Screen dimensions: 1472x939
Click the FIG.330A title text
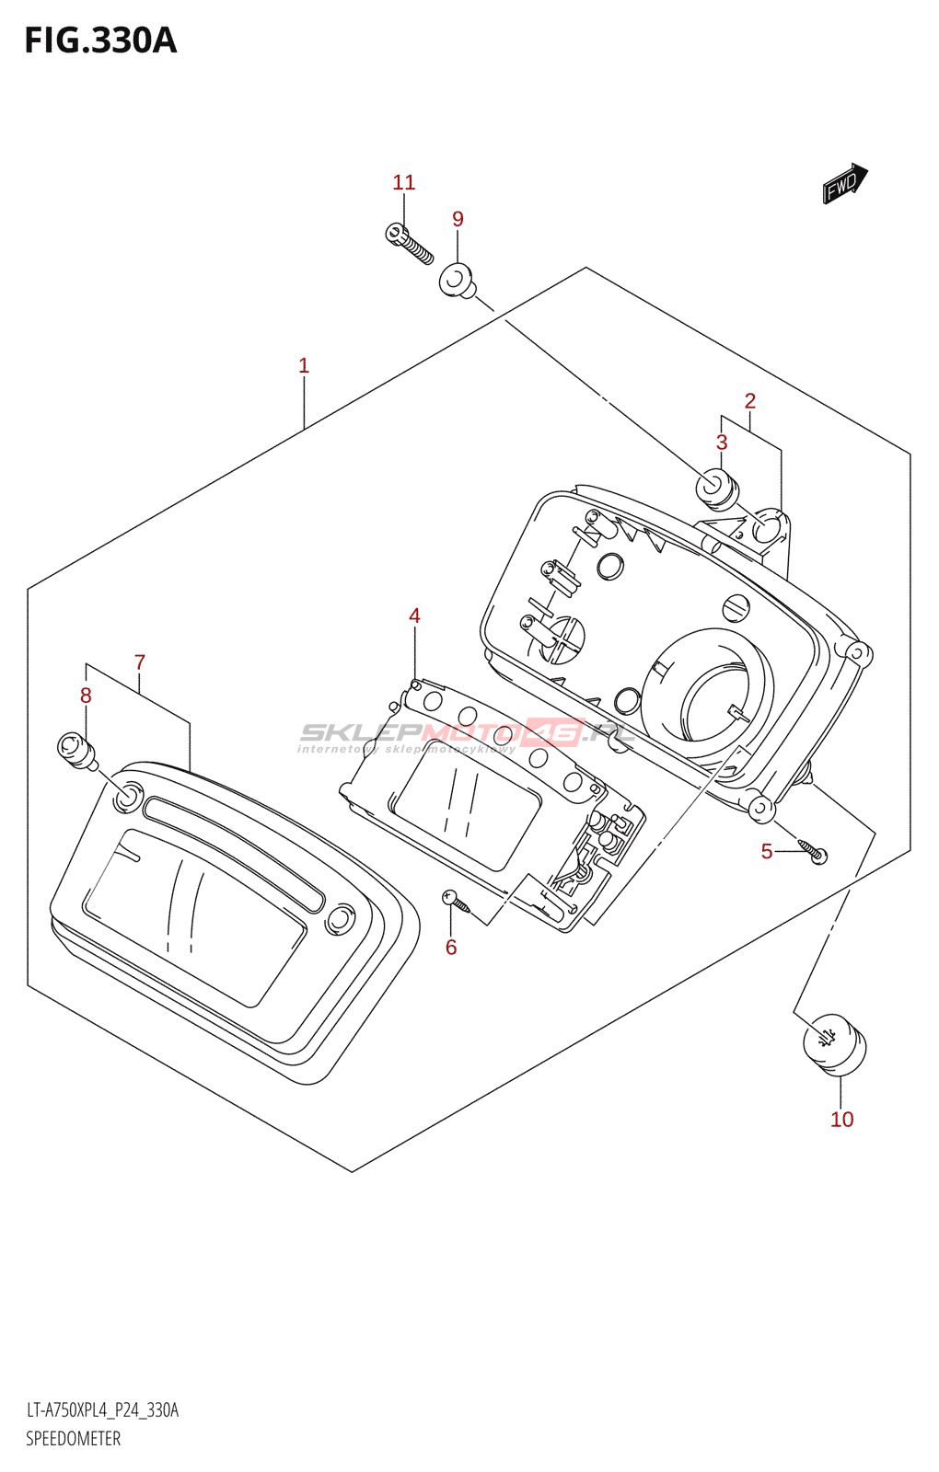(x=100, y=41)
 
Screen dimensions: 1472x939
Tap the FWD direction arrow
(x=844, y=184)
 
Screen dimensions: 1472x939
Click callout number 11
(x=403, y=183)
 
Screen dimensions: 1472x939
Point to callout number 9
(x=458, y=219)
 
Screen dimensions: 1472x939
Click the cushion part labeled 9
(x=457, y=281)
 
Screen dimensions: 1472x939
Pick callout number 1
(x=304, y=366)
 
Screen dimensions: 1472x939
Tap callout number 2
(x=750, y=401)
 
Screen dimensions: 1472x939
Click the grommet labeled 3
(x=716, y=489)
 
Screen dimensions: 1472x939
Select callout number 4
(x=414, y=615)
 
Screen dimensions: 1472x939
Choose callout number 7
(x=140, y=662)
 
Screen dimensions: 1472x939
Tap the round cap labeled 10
(x=834, y=1044)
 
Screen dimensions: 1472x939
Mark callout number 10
(x=841, y=1120)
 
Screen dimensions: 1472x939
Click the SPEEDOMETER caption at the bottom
(x=73, y=1439)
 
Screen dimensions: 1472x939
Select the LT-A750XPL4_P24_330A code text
(x=102, y=1410)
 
